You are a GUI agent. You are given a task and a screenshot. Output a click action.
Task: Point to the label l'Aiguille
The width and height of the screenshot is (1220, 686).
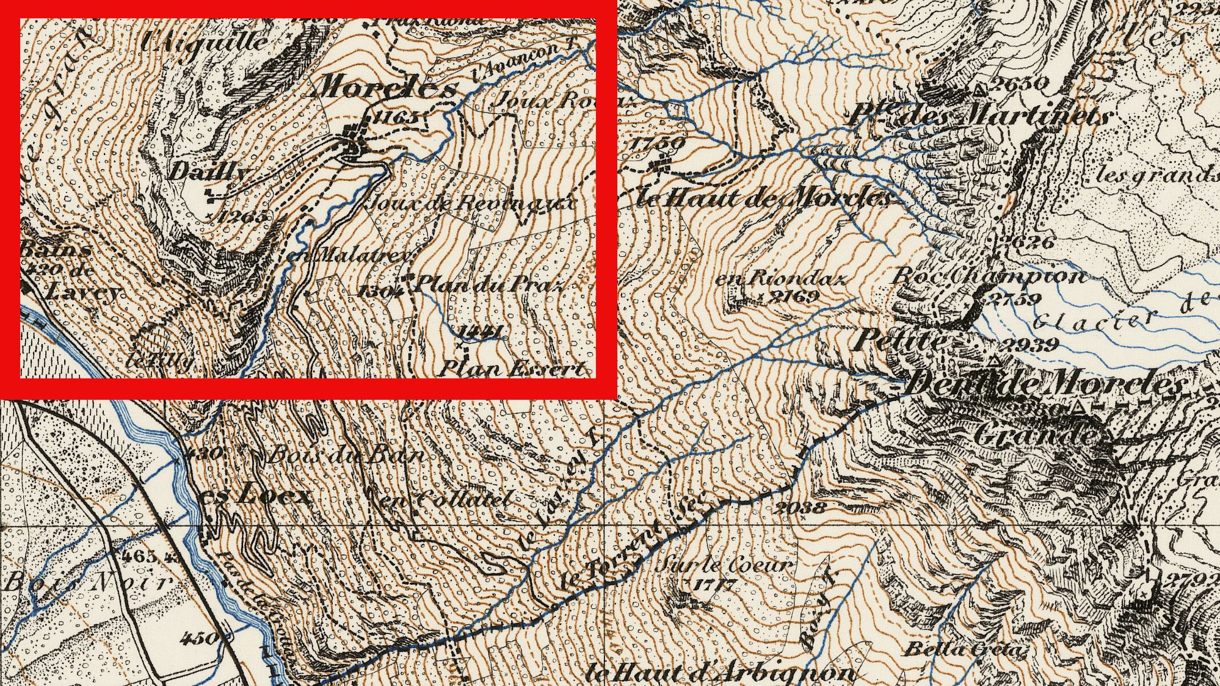(205, 42)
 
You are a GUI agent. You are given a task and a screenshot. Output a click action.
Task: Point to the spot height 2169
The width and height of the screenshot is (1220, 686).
(794, 297)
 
